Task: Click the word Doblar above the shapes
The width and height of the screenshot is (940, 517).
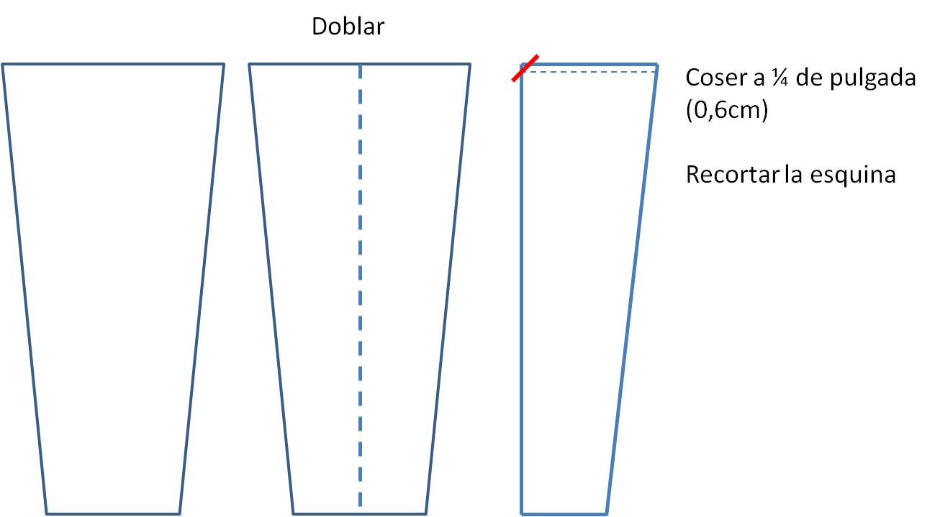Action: point(348,27)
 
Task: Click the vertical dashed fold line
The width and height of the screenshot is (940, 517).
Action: point(360,288)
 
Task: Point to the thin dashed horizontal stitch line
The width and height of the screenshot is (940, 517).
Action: point(590,71)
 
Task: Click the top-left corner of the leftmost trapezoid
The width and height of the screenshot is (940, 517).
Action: point(3,65)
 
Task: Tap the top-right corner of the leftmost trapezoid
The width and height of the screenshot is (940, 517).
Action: point(223,65)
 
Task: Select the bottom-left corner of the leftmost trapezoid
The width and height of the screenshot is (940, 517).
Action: point(47,513)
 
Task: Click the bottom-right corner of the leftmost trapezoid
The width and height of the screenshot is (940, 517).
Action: point(179,513)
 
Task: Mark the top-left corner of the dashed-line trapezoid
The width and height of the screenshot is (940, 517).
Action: point(250,65)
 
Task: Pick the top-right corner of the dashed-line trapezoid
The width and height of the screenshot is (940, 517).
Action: point(470,65)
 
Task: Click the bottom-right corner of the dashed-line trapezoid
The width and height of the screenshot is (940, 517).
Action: point(426,513)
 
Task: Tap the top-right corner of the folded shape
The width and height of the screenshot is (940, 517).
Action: point(656,65)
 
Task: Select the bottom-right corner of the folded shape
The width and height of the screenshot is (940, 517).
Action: point(608,513)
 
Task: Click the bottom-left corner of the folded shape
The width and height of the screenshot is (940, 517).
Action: point(522,513)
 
